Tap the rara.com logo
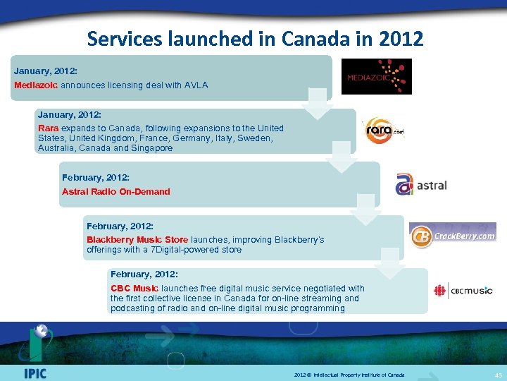coord(384,131)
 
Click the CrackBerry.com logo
coord(453,236)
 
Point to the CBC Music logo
coord(463,291)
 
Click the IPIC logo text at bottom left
coord(35,373)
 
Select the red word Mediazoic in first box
coord(36,85)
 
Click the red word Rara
coord(48,128)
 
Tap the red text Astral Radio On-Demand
coord(115,191)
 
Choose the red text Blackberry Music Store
coord(137,240)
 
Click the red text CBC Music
coord(134,288)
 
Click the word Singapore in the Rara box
coord(151,148)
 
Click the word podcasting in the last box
coord(133,308)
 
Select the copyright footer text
coord(349,373)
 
